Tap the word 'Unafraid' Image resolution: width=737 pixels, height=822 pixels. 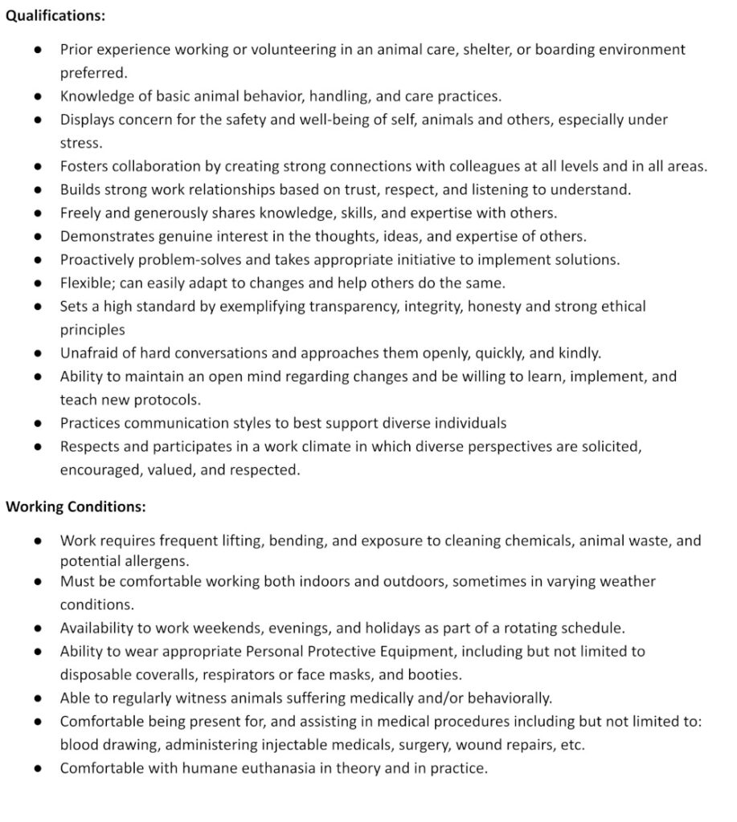click(x=90, y=353)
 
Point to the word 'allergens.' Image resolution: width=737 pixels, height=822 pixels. click(x=156, y=561)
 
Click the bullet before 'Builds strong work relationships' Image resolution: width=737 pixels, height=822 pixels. click(x=39, y=190)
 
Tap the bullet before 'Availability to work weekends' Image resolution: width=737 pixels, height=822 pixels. click(x=39, y=628)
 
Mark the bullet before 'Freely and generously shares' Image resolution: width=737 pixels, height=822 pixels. click(x=39, y=214)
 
